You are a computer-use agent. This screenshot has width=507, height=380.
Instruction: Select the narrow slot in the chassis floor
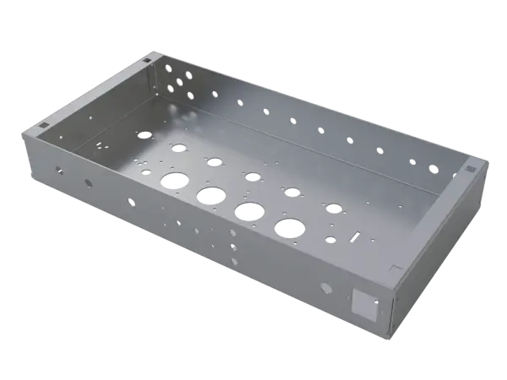point(355,235)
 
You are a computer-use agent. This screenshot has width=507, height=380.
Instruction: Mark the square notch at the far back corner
point(147,61)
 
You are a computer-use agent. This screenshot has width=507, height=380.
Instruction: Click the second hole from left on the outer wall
point(88,182)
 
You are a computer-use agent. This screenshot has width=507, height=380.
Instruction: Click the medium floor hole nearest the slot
point(334,207)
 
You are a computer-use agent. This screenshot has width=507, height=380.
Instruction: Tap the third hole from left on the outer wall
point(131,201)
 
